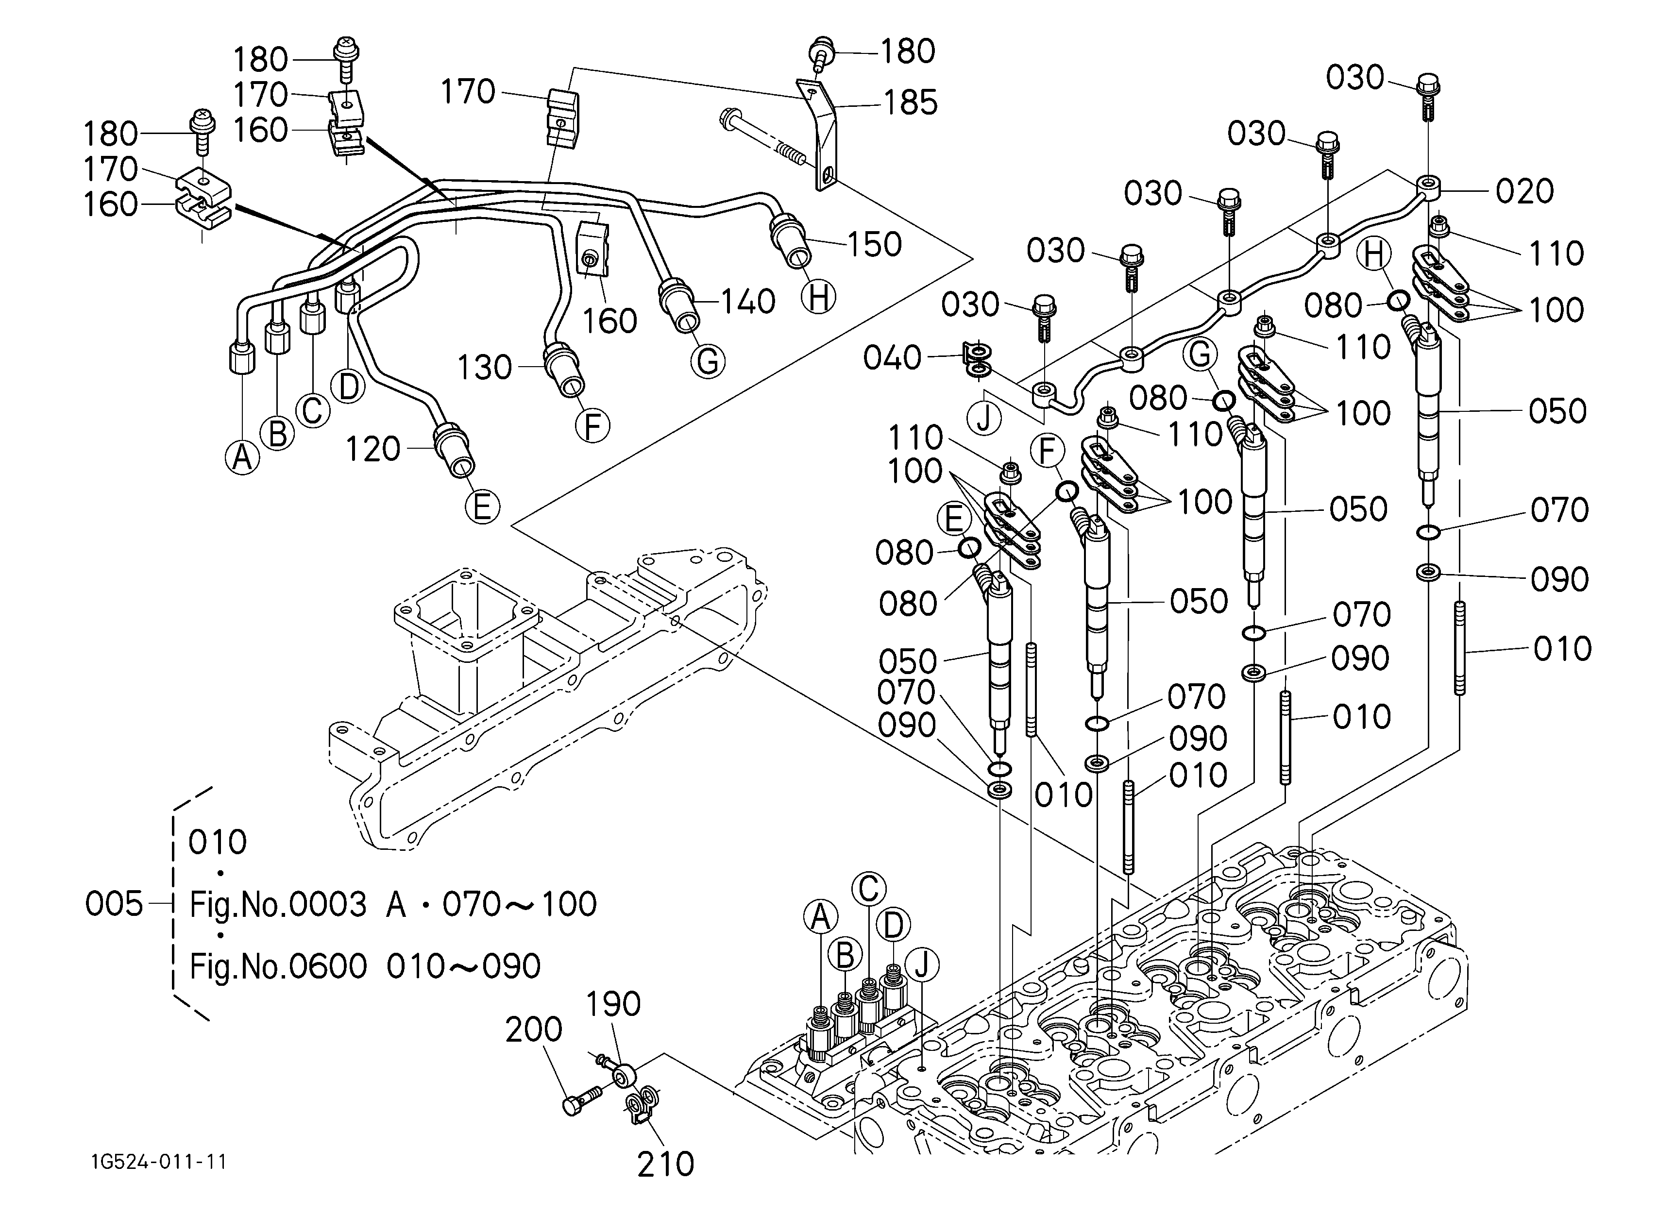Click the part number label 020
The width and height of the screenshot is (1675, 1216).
[1524, 191]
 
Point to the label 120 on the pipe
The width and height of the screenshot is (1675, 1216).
[373, 449]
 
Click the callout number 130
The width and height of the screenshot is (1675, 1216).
[485, 367]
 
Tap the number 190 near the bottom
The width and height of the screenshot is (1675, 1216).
[613, 1004]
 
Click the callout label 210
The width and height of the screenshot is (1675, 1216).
[665, 1165]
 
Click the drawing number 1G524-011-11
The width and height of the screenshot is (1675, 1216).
[159, 1162]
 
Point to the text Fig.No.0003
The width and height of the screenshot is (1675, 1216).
[278, 904]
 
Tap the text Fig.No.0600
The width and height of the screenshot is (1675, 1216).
[278, 966]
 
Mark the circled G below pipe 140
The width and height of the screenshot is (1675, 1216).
[708, 362]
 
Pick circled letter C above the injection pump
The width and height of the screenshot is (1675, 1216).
[868, 888]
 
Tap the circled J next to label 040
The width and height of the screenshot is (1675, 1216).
[984, 419]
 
